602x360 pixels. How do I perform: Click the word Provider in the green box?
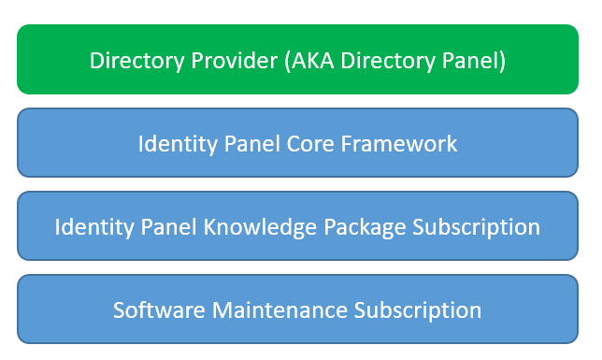(x=235, y=61)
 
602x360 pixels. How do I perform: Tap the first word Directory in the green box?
(x=137, y=62)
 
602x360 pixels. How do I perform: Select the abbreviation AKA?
(x=312, y=61)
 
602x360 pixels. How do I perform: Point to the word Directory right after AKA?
(x=388, y=62)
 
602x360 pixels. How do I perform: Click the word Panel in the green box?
(x=469, y=61)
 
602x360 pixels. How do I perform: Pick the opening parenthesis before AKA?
(x=288, y=61)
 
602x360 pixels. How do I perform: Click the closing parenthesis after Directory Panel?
(x=502, y=61)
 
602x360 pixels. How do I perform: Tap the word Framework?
(x=399, y=144)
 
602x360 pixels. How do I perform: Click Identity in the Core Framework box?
(x=178, y=144)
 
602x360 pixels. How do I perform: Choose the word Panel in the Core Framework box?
(x=251, y=144)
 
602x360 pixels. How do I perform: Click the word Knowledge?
(x=260, y=226)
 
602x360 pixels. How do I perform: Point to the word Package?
(x=365, y=227)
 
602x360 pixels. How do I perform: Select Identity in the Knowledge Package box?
(x=94, y=227)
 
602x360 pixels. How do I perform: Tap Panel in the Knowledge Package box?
(x=168, y=226)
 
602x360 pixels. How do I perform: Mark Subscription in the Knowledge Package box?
(x=476, y=227)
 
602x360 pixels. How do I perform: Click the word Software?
(x=159, y=310)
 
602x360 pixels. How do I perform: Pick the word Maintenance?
(x=279, y=310)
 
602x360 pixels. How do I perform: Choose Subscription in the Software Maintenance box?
(x=417, y=310)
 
